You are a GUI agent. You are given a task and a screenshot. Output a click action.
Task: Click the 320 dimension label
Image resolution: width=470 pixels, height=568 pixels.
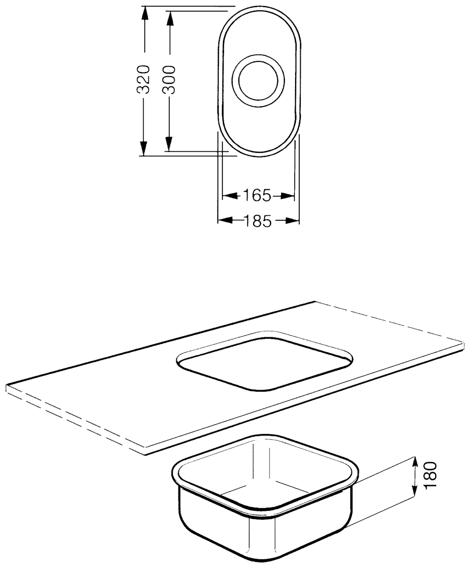pos(145,79)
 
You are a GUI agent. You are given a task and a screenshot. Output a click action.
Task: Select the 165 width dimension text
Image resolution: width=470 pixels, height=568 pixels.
pos(257,196)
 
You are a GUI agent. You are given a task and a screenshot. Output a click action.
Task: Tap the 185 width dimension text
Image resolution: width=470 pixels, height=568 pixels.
pos(257,221)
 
